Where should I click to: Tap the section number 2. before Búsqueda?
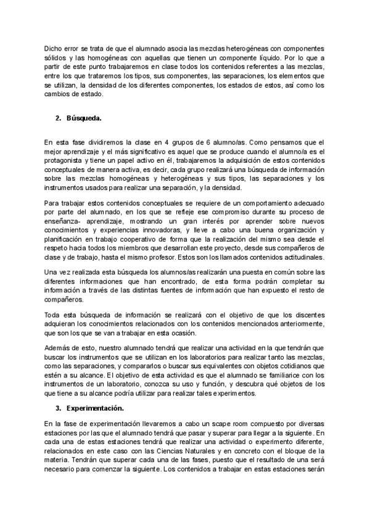click(x=59, y=117)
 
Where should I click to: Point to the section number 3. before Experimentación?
click(x=59, y=408)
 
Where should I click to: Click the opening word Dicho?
click(x=54, y=49)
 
